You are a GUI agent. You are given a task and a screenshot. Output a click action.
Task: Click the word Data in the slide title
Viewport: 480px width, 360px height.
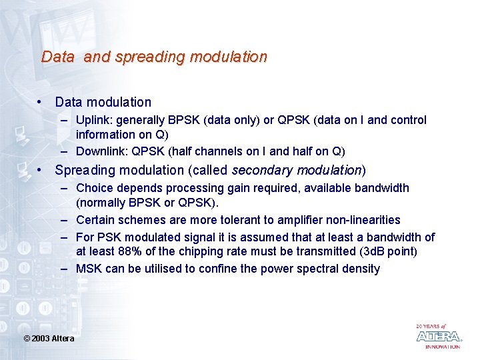(57, 57)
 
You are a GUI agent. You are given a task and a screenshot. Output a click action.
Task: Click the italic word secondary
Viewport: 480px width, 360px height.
(262, 170)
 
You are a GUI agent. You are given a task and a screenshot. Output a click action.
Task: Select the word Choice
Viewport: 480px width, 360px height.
(95, 188)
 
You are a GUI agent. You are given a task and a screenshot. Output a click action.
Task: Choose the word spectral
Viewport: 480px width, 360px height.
(313, 269)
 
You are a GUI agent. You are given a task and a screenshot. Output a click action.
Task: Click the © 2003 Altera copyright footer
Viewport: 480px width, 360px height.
(49, 339)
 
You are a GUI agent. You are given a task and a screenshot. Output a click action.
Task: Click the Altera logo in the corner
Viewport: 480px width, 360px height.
(438, 336)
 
